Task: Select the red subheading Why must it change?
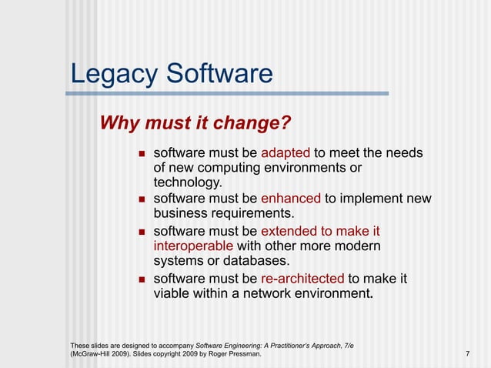coord(195,123)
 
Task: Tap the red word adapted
coord(286,152)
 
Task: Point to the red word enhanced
coord(291,199)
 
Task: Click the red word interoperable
coord(193,246)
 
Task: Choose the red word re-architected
coord(302,278)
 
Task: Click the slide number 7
coord(468,353)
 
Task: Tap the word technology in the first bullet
coord(188,182)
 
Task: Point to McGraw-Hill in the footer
coord(95,353)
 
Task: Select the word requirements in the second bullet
coord(250,213)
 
